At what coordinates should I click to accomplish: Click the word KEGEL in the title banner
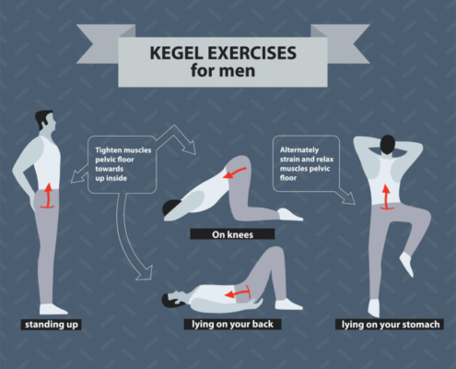click(177, 53)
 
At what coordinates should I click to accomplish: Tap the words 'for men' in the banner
click(223, 71)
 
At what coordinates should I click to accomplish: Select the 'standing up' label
click(52, 325)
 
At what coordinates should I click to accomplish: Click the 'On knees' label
click(232, 234)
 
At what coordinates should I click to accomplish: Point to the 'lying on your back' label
click(232, 324)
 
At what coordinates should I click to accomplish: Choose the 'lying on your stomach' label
click(391, 325)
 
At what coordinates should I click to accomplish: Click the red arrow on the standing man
click(47, 196)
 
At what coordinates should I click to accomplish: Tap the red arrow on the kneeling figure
click(235, 173)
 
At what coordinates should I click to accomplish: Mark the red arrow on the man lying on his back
click(238, 292)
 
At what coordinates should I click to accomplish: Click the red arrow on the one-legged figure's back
click(386, 197)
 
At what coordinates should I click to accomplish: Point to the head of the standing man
click(45, 120)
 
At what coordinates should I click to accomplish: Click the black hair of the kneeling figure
click(170, 207)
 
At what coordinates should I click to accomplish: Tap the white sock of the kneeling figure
click(290, 215)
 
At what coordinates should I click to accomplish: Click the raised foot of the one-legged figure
click(407, 264)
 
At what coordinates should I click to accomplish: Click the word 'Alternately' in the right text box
click(299, 150)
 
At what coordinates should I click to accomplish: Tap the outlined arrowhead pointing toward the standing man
click(77, 177)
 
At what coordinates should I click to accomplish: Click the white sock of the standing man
click(53, 309)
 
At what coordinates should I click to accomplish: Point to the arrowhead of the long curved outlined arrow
click(145, 273)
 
